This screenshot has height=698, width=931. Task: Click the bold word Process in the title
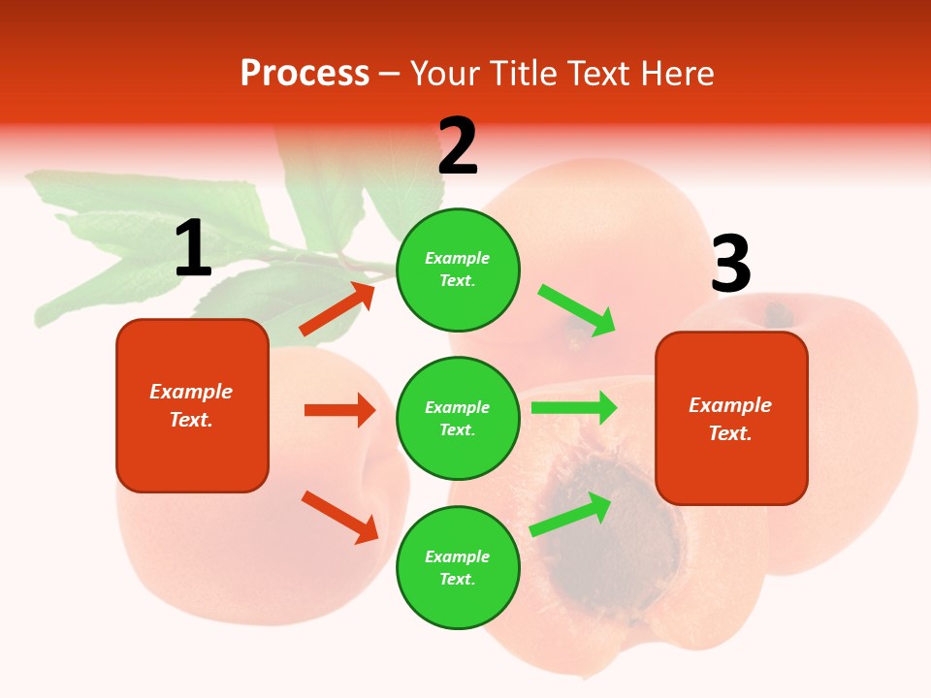(305, 74)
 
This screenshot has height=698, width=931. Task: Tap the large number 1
(193, 249)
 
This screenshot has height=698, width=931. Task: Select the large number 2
(458, 146)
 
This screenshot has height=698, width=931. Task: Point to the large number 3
(730, 265)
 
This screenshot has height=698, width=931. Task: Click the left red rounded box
(192, 405)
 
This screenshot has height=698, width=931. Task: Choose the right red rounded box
(731, 419)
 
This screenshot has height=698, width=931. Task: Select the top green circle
(458, 270)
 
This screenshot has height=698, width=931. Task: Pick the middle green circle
(458, 419)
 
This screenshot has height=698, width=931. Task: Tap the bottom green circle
(458, 568)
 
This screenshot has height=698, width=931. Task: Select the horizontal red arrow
(339, 410)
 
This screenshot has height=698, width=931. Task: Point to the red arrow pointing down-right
(339, 517)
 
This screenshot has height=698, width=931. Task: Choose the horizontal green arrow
(574, 408)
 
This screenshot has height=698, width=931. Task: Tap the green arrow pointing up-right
(571, 514)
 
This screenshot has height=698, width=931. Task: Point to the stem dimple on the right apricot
(777, 315)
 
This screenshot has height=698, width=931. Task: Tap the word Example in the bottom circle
(458, 556)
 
